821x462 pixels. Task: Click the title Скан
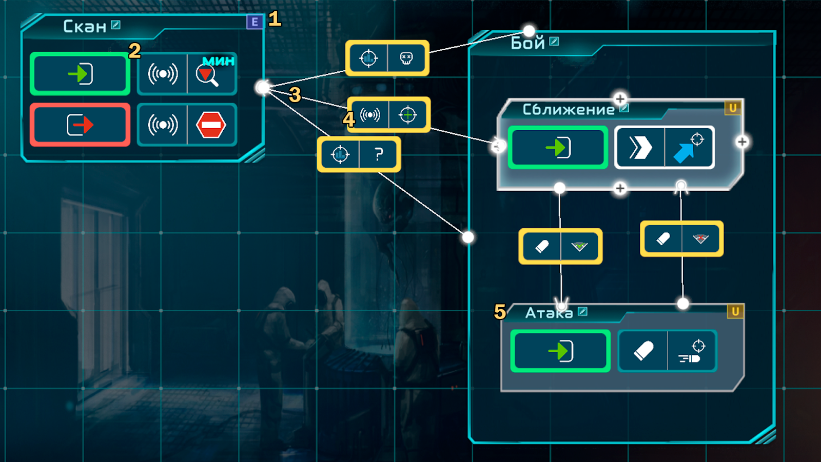pos(85,26)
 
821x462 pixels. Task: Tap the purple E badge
pos(255,22)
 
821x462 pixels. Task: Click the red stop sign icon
pos(211,125)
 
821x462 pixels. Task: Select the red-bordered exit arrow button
pos(80,125)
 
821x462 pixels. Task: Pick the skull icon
pos(406,58)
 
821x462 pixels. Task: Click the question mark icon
pos(379,154)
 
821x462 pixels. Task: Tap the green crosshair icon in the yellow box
pos(407,115)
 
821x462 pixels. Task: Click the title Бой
pos(527,43)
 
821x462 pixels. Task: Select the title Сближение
pos(569,110)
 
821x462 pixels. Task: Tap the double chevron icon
pos(640,147)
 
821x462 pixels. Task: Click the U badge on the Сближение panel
pos(733,108)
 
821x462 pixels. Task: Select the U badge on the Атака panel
pos(735,311)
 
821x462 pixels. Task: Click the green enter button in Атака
pos(560,351)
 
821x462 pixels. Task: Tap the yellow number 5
pos(500,312)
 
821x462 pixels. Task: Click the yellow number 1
pos(275,18)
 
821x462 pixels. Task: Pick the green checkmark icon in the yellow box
pos(579,246)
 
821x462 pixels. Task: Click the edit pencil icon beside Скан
pos(116,25)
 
